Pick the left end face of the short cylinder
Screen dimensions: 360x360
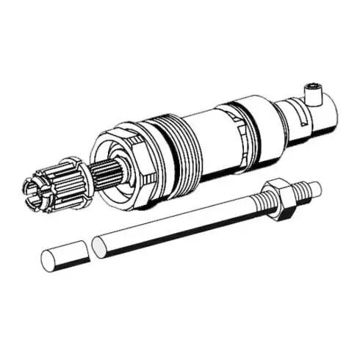tap(47, 260)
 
